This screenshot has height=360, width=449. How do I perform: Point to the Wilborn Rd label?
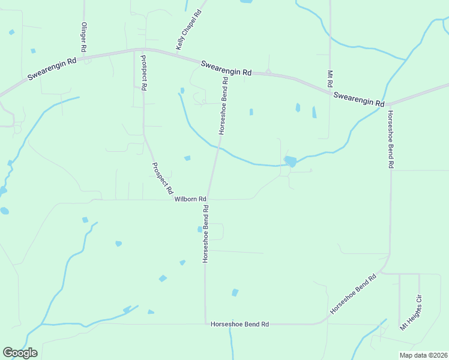click(190, 199)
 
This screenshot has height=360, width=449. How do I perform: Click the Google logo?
click(20, 353)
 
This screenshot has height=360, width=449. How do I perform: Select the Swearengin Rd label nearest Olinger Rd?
click(52, 70)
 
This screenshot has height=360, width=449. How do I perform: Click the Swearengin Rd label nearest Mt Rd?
click(358, 100)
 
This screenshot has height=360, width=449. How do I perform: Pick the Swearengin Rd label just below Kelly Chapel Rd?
click(226, 68)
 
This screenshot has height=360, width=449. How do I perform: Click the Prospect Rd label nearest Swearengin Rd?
click(143, 73)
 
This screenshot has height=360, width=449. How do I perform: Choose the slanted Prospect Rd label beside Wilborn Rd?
click(162, 178)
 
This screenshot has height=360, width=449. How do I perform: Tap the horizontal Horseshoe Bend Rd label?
click(240, 324)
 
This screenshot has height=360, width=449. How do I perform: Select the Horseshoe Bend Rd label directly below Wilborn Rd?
click(205, 233)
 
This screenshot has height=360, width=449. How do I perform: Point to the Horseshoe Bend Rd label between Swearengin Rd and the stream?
click(223, 106)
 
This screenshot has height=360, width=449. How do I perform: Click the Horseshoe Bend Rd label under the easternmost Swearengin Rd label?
click(390, 139)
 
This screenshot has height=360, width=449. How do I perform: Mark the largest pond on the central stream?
click(291, 161)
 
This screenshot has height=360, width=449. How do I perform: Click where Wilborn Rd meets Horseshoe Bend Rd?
click(207, 199)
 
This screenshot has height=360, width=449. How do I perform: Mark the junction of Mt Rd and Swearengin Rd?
click(330, 91)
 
